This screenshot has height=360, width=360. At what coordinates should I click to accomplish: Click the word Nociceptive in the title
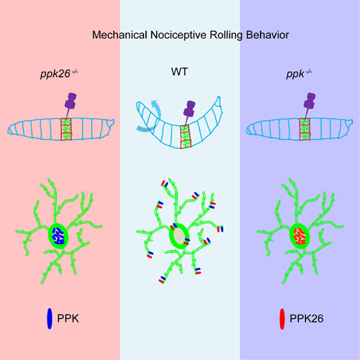pos(179,35)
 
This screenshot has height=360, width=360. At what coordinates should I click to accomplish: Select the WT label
pos(179,71)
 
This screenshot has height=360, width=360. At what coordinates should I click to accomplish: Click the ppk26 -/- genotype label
pos(59,73)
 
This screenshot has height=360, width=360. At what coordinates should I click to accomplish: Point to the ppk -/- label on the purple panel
pos(299,73)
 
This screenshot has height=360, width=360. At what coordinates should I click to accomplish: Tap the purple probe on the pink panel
pos(71,105)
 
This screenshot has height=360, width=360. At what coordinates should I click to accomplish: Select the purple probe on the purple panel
pos(310,105)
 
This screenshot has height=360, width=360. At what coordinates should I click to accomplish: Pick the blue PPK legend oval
pos(50,318)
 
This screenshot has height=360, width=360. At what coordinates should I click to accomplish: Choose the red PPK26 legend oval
pos(282,319)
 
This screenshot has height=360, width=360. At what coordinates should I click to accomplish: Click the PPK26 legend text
pos(307,318)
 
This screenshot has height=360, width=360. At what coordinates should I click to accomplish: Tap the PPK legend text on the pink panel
pos(68,318)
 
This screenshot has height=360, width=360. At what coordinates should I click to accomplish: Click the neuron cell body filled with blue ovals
pos(58,235)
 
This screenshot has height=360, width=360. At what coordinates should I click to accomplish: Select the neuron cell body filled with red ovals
pos(300,235)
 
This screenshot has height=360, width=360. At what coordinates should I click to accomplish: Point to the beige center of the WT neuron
pos(179,236)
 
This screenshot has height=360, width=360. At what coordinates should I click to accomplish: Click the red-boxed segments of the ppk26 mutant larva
pos(66,129)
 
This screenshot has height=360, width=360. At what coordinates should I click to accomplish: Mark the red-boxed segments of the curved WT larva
pos(185,136)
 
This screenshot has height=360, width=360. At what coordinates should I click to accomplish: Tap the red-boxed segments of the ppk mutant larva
pos(305,129)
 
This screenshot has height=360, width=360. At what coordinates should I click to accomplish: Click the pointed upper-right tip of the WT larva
pos(218,96)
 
